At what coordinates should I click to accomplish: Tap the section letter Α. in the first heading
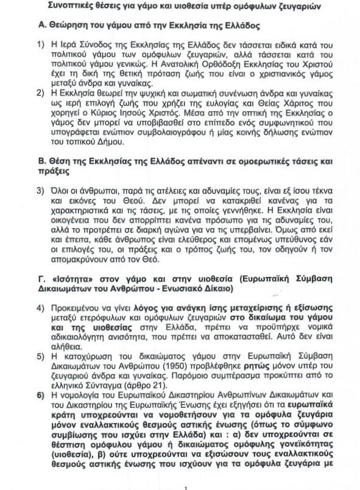38,28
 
